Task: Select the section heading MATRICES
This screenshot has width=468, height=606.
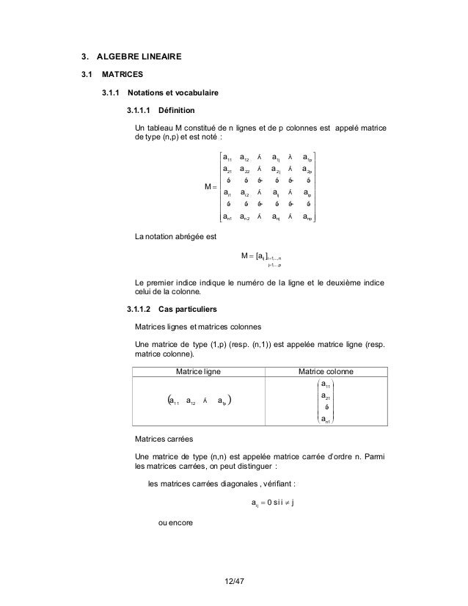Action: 123,74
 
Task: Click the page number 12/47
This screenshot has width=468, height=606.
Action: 233,582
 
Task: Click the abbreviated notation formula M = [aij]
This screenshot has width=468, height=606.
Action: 260,255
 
